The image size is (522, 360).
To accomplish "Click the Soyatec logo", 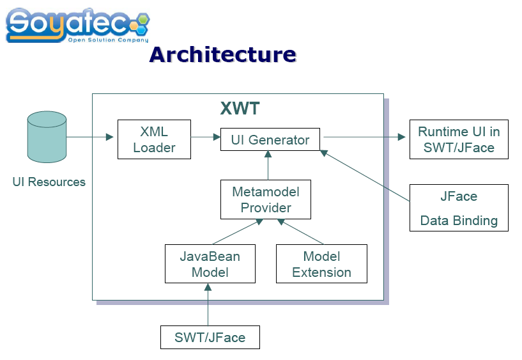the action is [x=77, y=26].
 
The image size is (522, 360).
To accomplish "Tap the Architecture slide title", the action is [x=223, y=54].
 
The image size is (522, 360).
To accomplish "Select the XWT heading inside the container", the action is [x=240, y=108].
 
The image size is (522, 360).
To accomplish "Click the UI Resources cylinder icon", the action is [x=47, y=137].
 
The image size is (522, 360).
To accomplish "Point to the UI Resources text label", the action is [x=49, y=182].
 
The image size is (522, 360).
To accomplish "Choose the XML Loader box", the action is [x=154, y=139].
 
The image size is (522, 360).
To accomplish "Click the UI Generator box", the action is [x=270, y=139].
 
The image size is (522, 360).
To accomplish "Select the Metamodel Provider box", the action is [x=266, y=200].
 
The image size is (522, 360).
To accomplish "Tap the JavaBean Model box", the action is [x=210, y=263].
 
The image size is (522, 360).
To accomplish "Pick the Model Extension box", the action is [x=321, y=263].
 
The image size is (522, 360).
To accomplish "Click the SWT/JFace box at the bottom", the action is [x=210, y=338].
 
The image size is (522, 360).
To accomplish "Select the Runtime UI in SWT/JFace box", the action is [x=459, y=139].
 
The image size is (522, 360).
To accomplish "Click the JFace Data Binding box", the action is [x=459, y=208].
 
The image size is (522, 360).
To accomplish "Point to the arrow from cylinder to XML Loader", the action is [x=90, y=137].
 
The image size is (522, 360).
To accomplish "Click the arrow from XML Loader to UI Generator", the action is [x=206, y=137].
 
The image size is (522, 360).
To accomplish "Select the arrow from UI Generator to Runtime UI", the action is [x=365, y=137].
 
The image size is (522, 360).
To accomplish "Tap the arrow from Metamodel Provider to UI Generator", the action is [x=268, y=165].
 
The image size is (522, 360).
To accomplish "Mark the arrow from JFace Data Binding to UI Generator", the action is [x=365, y=176].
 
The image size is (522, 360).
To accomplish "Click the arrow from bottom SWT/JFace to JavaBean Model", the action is [x=208, y=304].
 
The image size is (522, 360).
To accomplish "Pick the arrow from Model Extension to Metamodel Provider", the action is [x=300, y=231].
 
